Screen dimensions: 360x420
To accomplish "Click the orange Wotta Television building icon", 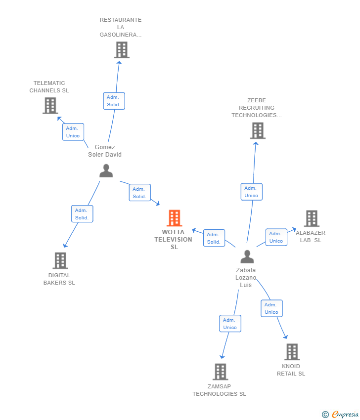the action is coord(174,218).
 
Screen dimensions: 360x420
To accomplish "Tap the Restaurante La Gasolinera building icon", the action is coord(121,50).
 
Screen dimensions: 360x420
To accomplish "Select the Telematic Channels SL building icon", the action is coord(50,105).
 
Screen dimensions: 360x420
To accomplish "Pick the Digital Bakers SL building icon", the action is coord(60,260).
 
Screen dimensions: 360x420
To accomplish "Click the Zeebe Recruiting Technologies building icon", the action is coord(257,130).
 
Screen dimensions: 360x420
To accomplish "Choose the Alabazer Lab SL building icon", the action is coord(311,218).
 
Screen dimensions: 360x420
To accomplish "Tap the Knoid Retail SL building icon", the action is coord(292,352).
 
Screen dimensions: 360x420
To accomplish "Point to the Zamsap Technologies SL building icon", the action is coord(220,372).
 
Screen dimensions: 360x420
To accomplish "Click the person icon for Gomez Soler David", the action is coord(106,170).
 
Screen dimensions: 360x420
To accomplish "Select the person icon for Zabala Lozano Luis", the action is coord(247,256).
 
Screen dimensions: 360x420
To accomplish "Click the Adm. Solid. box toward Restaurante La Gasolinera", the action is coord(114,101).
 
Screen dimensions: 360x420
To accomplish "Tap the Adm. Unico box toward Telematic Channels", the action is coord(73,132).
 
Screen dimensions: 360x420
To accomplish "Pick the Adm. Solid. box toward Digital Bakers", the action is coord(82,214).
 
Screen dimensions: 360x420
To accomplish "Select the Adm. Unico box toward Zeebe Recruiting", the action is coord(251,192).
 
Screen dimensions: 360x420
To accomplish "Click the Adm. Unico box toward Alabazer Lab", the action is coord(276,237).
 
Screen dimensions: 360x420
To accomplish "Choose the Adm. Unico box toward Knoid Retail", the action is coord(271,308).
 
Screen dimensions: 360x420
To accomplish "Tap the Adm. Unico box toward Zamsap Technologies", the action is coord(230,324).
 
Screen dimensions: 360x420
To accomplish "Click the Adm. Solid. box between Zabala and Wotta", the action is coord(214,238).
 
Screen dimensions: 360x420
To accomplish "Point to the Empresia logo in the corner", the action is coord(341,414).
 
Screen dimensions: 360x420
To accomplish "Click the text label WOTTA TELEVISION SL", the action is coord(174,240).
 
